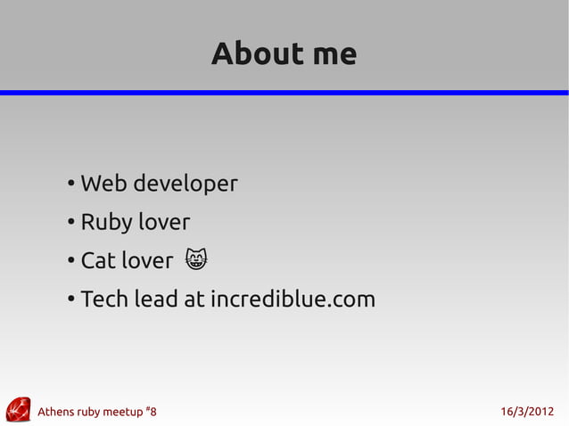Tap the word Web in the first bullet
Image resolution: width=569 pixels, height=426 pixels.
click(x=99, y=184)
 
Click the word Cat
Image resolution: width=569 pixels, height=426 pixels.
click(x=97, y=261)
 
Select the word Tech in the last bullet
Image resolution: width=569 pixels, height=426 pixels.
click(x=103, y=299)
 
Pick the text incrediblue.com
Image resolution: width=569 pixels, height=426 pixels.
click(x=293, y=299)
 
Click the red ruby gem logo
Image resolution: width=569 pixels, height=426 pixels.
click(x=18, y=409)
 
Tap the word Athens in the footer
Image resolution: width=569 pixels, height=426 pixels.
click(x=56, y=412)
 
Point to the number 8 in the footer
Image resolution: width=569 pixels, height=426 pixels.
click(x=153, y=412)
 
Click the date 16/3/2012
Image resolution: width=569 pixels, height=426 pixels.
click(x=527, y=412)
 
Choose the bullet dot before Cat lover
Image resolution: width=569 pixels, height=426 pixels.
click(x=70, y=262)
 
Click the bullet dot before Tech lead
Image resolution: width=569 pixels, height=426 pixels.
click(x=70, y=300)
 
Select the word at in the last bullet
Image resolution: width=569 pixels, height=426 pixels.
click(x=194, y=299)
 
